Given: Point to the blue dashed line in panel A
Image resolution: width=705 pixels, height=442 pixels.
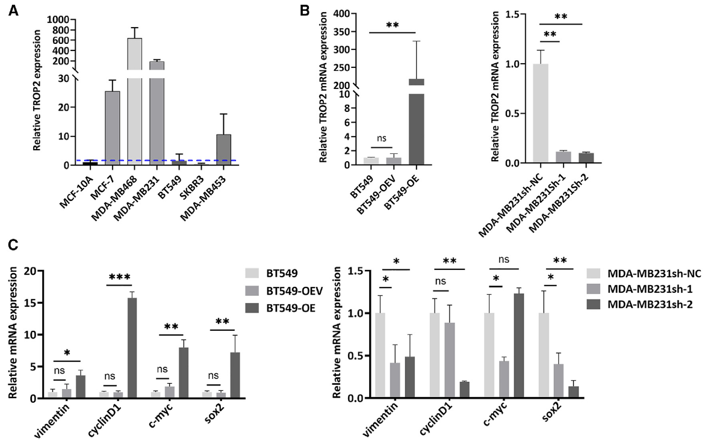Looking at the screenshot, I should (x=181, y=161).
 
